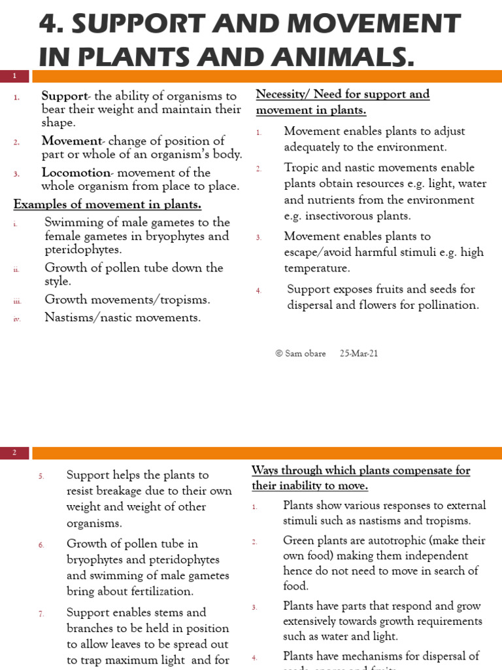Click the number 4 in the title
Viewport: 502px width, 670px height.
[48, 23]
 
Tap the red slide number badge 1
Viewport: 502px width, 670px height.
[14, 77]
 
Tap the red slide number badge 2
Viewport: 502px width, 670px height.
[14, 453]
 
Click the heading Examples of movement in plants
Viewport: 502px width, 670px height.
[107, 205]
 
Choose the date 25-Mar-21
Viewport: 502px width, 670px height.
[359, 353]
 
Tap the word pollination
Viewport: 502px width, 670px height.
[450, 305]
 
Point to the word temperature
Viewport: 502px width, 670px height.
[316, 268]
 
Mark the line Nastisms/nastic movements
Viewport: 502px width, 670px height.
[122, 317]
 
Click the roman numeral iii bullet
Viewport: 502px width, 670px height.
[16, 301]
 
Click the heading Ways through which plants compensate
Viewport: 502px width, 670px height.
[361, 471]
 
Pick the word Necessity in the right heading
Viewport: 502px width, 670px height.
[280, 94]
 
